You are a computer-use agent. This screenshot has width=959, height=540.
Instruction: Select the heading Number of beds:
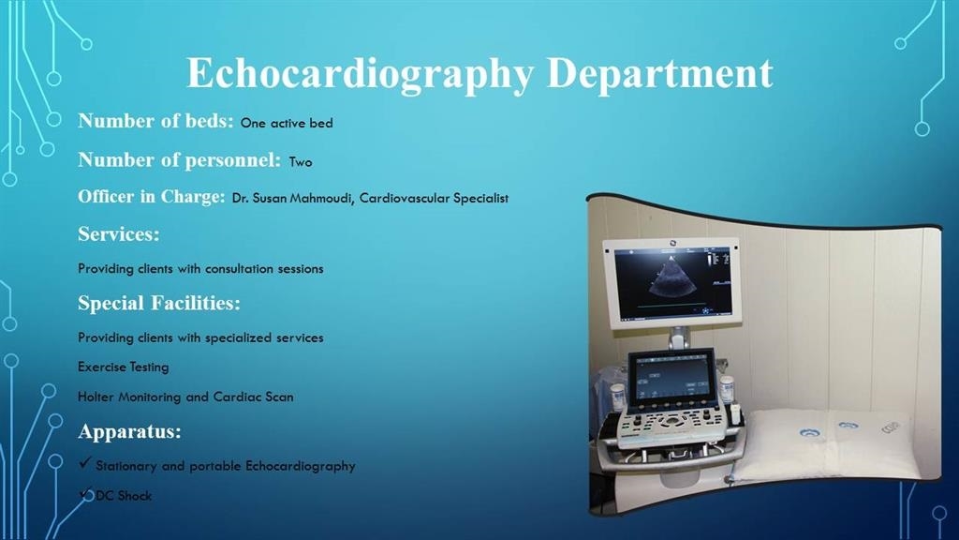coord(156,121)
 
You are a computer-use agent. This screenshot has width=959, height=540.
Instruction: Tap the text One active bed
coord(287,123)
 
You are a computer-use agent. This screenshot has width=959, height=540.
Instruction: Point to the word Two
coord(301,162)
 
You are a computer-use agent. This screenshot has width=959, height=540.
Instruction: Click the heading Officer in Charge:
coord(152,197)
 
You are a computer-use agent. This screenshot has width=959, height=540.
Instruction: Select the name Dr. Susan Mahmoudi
coord(292,199)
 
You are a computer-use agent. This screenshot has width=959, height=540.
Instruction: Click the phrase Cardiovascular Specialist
coord(434,199)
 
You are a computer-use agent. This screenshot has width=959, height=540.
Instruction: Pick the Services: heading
coord(119,233)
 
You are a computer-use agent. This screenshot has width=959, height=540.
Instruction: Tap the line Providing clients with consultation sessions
coord(200,269)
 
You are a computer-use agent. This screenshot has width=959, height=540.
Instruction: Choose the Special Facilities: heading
coord(159,303)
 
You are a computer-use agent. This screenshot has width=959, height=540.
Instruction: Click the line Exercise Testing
coord(123,367)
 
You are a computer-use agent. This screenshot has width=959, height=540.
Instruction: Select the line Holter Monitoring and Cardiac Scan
coord(185,397)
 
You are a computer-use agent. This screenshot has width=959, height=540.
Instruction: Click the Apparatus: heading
coord(129,431)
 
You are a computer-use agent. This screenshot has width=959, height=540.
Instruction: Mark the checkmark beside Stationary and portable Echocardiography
coord(85,463)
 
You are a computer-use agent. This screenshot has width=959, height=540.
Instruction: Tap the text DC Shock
coord(124,496)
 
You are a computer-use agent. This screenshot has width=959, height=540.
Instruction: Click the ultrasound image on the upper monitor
coord(672,284)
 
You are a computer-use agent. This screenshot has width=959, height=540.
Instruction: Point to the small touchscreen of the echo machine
coord(671,380)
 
